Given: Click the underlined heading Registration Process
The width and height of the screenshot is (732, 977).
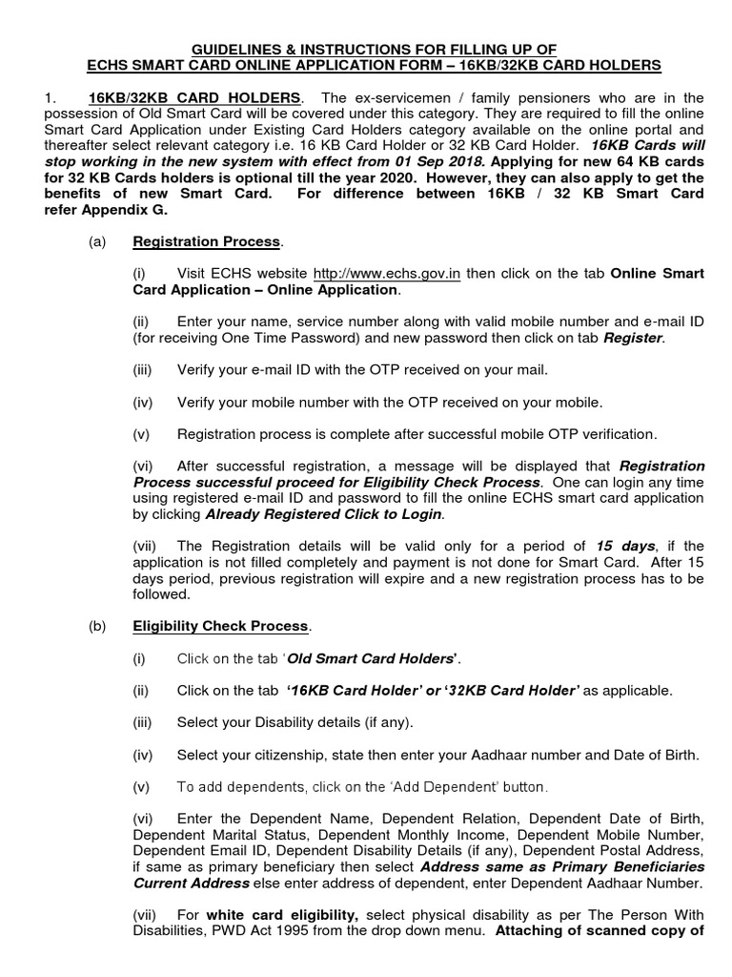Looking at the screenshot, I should point(205,242).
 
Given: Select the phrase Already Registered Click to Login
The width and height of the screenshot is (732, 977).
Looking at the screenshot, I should point(323,514).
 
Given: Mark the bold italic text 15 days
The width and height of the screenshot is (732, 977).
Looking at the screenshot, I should point(625,546).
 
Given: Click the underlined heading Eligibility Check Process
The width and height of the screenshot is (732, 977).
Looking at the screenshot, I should point(220,626).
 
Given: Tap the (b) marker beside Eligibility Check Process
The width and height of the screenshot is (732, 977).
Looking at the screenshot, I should point(97,626).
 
